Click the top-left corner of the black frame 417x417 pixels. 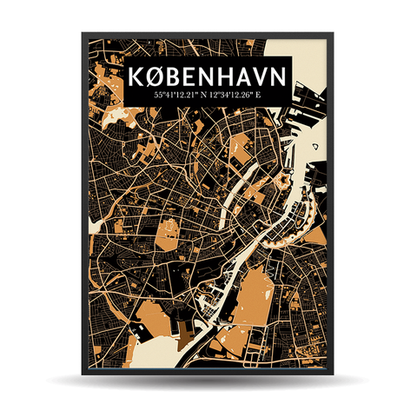[x=83, y=35]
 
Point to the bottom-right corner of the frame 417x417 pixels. [x=333, y=374]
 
